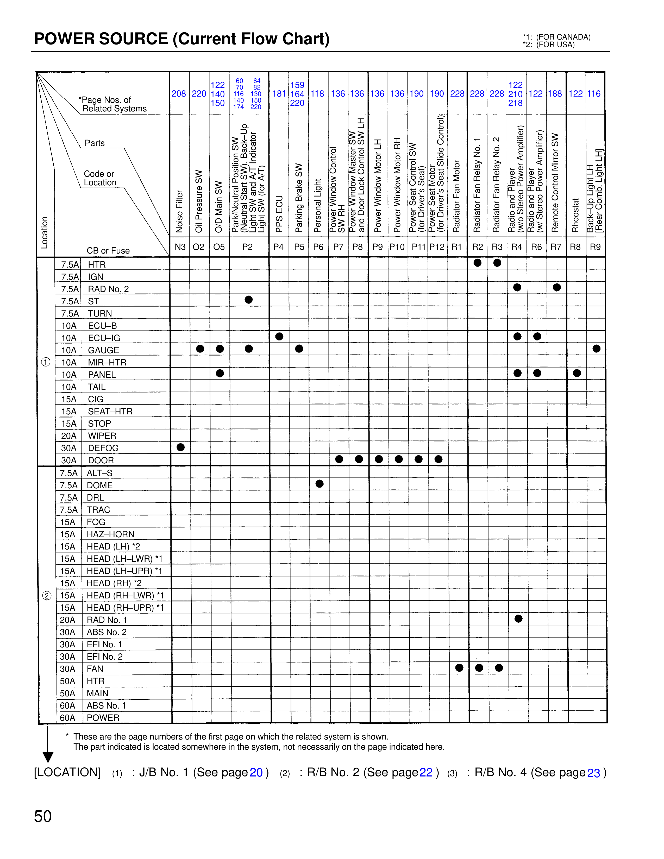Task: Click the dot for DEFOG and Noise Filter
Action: [180, 447]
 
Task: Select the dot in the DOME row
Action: [320, 484]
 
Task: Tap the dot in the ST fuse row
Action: [249, 300]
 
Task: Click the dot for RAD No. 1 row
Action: [518, 619]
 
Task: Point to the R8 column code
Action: [575, 247]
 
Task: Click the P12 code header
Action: [437, 247]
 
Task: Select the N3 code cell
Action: [180, 247]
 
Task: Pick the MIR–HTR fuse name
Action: [107, 363]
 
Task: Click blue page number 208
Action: [179, 94]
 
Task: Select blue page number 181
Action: [279, 94]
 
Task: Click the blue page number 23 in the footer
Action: [594, 773]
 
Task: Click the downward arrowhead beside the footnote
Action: [48, 757]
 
